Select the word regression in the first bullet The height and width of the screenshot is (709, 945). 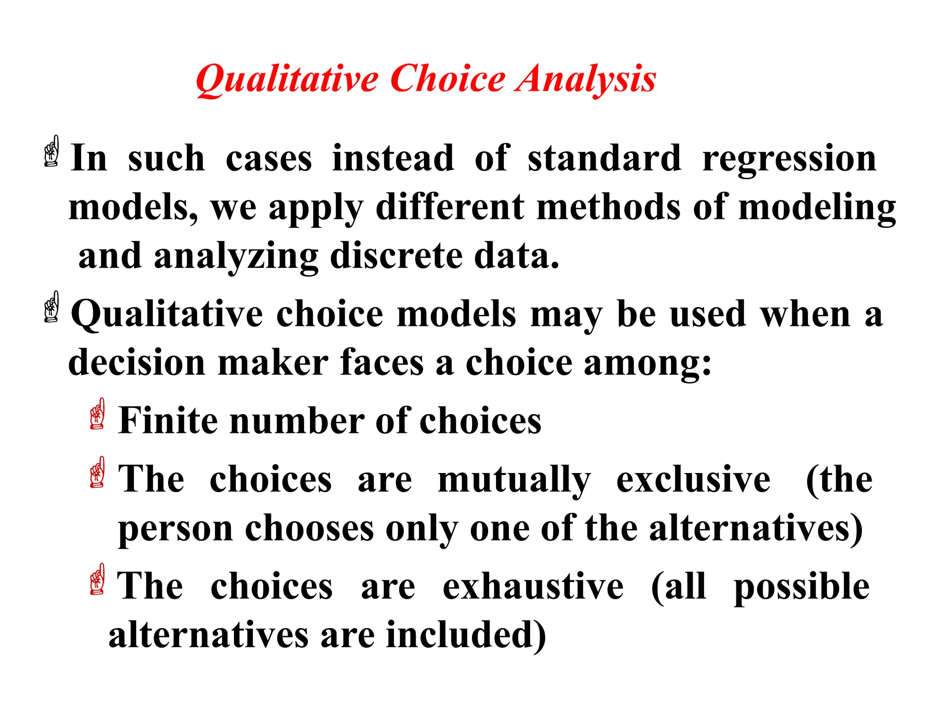click(x=789, y=159)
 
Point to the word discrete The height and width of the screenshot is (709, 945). click(x=397, y=256)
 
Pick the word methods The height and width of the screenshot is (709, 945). click(x=609, y=207)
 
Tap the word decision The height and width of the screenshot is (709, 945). click(x=137, y=363)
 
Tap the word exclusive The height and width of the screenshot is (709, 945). click(x=693, y=480)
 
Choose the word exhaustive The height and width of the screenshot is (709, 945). click(x=533, y=586)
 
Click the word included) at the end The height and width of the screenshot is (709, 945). click(x=466, y=635)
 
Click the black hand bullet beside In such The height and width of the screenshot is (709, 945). click(x=52, y=151)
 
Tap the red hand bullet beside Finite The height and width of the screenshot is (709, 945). click(x=97, y=414)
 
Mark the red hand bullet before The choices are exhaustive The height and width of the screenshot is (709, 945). click(x=97, y=579)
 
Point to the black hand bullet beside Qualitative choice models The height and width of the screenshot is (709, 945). click(x=52, y=306)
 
